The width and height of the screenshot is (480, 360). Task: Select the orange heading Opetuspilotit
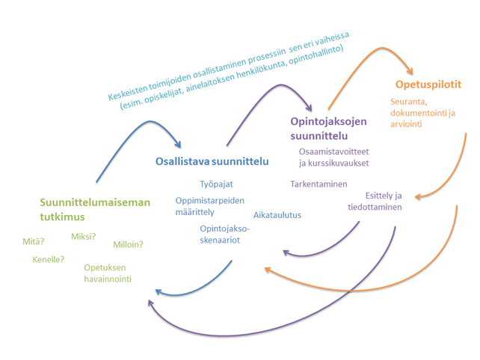coord(428,84)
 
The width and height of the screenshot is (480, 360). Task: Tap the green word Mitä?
coord(34,241)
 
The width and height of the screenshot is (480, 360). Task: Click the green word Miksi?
coord(83,237)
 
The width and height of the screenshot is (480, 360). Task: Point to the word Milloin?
coord(128,244)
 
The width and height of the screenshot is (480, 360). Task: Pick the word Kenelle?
coord(48,260)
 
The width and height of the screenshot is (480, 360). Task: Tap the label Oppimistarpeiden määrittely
coord(205,205)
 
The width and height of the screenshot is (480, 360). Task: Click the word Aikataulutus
coord(277,215)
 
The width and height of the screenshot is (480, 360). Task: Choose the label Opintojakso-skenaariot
coord(224,234)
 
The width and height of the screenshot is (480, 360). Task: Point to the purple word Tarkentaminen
coord(319,184)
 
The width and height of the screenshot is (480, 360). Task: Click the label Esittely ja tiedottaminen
coord(375,202)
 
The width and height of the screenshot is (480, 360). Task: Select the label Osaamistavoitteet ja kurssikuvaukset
coord(334,157)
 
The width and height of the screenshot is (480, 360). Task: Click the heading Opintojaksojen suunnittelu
coord(329,127)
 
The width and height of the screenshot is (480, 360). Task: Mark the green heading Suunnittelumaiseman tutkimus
coord(95,209)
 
